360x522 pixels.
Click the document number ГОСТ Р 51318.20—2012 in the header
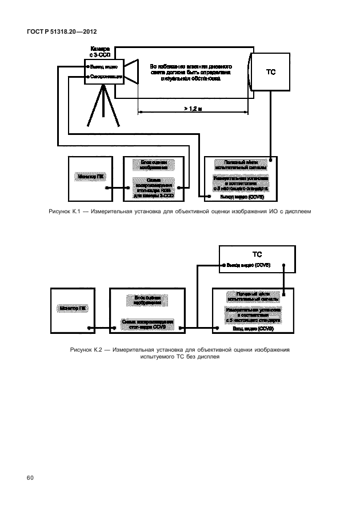[x=54, y=32]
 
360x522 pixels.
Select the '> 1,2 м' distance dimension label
[x=193, y=107]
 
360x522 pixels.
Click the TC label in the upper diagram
[x=271, y=73]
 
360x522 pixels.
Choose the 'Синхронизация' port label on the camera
[x=105, y=76]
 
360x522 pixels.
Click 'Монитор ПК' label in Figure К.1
[x=90, y=178]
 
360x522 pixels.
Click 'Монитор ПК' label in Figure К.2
[x=72, y=308]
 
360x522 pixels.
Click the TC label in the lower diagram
[x=257, y=253]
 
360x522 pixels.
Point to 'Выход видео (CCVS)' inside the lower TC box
[x=247, y=265]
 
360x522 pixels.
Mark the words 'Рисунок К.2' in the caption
[x=85, y=348]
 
